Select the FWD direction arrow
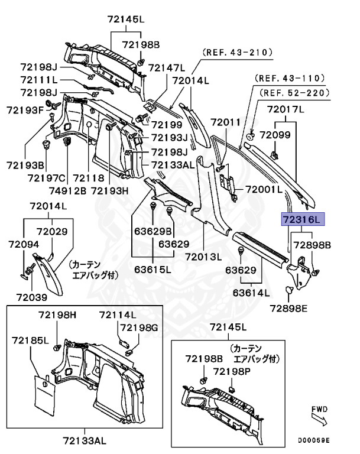[320, 421]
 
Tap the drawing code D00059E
[314, 440]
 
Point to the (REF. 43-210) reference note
[238, 53]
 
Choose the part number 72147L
[166, 67]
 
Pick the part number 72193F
[25, 110]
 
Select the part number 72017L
[285, 109]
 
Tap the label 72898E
[289, 307]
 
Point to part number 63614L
[251, 292]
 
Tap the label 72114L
[117, 314]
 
